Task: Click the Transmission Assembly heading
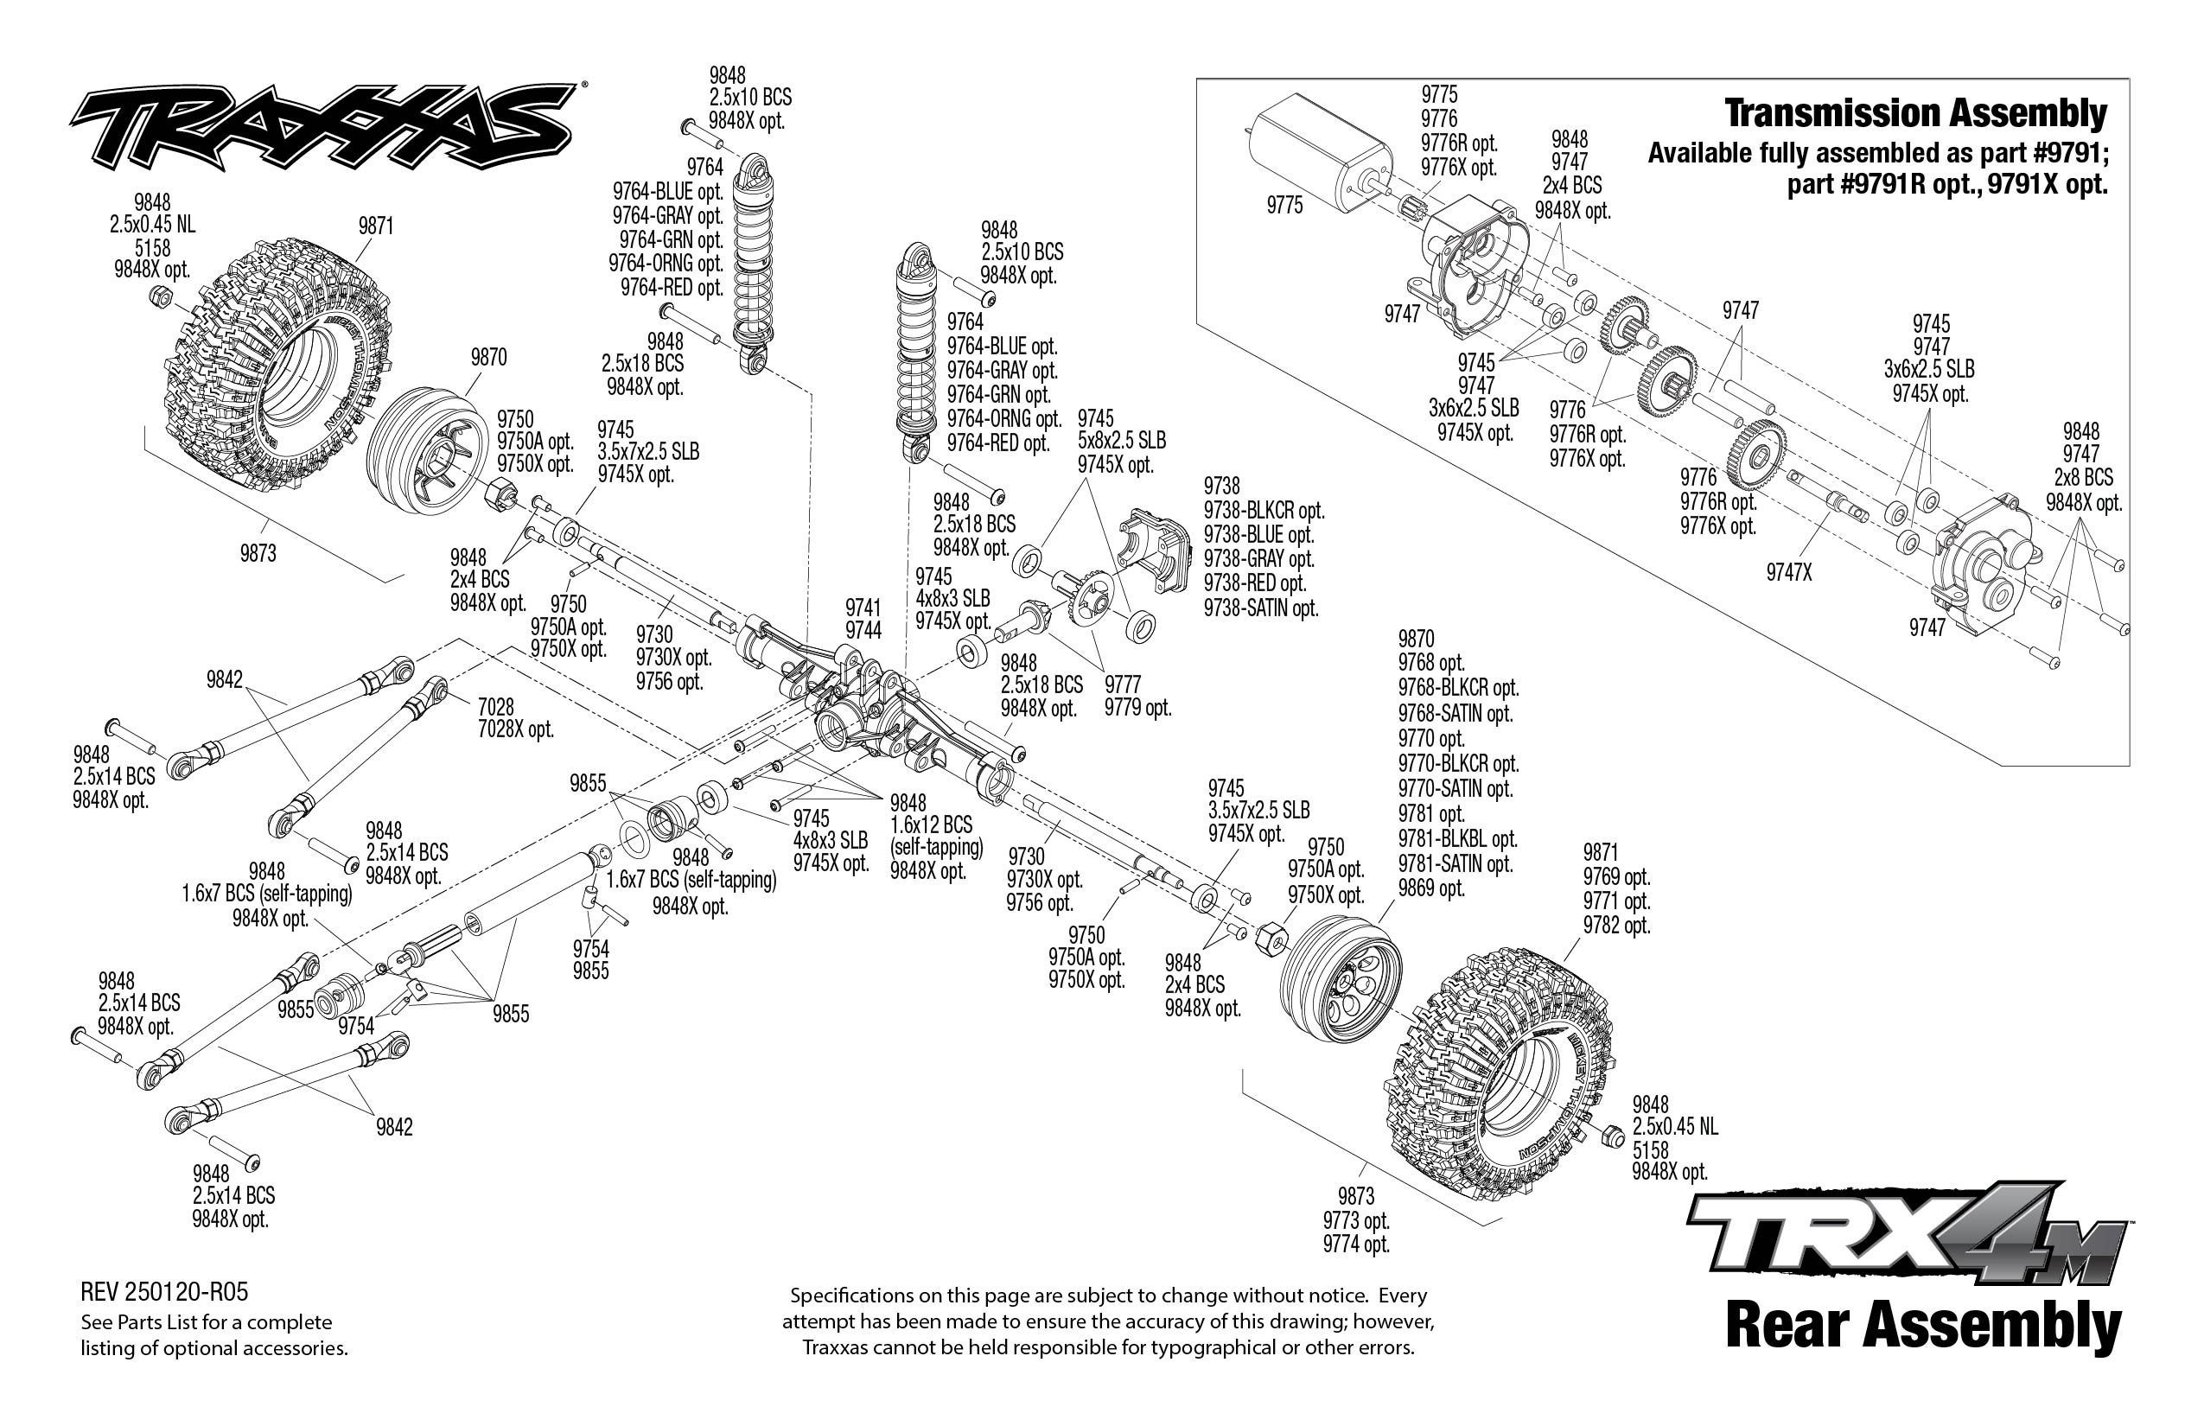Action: pyautogui.click(x=1915, y=114)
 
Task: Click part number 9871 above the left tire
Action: pyautogui.click(x=376, y=226)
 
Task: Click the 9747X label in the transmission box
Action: pyautogui.click(x=1788, y=573)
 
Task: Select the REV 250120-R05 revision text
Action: pyautogui.click(x=165, y=1292)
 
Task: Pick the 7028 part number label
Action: pyautogui.click(x=495, y=708)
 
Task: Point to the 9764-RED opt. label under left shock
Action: pyautogui.click(x=672, y=287)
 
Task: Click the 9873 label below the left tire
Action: pyautogui.click(x=258, y=554)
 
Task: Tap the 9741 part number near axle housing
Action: pyautogui.click(x=863, y=608)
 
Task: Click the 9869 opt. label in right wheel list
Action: pyautogui.click(x=1430, y=888)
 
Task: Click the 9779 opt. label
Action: pyautogui.click(x=1137, y=708)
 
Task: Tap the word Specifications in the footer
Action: pyautogui.click(x=844, y=1295)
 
